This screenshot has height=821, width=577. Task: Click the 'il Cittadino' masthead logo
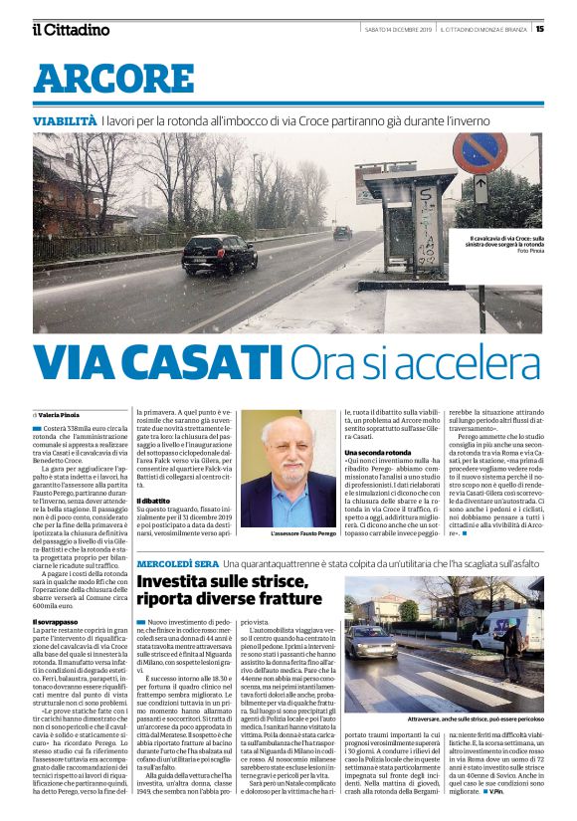coord(70,29)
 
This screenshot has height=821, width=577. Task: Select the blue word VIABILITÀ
coord(65,120)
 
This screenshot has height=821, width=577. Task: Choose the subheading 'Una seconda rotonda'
coord(377,480)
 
